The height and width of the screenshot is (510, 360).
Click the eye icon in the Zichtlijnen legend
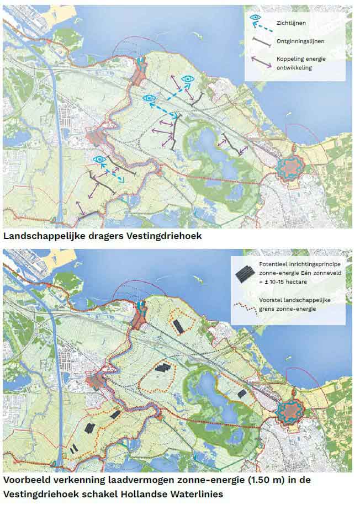click(x=255, y=18)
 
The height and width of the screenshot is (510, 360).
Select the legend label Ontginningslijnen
click(x=300, y=41)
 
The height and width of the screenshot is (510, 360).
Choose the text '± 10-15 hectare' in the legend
click(x=287, y=282)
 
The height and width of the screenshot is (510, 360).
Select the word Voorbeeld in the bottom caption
click(x=27, y=480)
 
